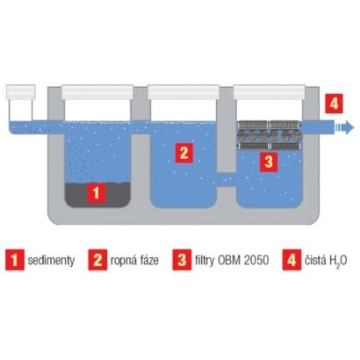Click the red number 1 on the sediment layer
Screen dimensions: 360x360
click(x=97, y=193)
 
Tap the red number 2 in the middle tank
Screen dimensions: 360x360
click(x=184, y=153)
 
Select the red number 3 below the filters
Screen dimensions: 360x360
click(x=269, y=162)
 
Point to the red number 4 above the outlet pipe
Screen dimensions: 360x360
click(x=334, y=104)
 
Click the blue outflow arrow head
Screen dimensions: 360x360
click(x=348, y=127)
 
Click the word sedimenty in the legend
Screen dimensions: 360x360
click(x=51, y=260)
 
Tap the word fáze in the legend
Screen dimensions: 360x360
click(x=148, y=260)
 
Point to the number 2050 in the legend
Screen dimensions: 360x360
click(x=257, y=260)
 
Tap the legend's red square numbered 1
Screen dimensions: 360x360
click(x=15, y=260)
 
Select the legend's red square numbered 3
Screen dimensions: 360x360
click(x=182, y=260)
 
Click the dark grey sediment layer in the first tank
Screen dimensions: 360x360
click(x=97, y=194)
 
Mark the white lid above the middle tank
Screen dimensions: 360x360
click(x=184, y=92)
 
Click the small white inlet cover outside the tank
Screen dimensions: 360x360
click(x=21, y=92)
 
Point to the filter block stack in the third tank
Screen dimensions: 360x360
click(x=269, y=135)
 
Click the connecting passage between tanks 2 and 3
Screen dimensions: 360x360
click(x=226, y=179)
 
